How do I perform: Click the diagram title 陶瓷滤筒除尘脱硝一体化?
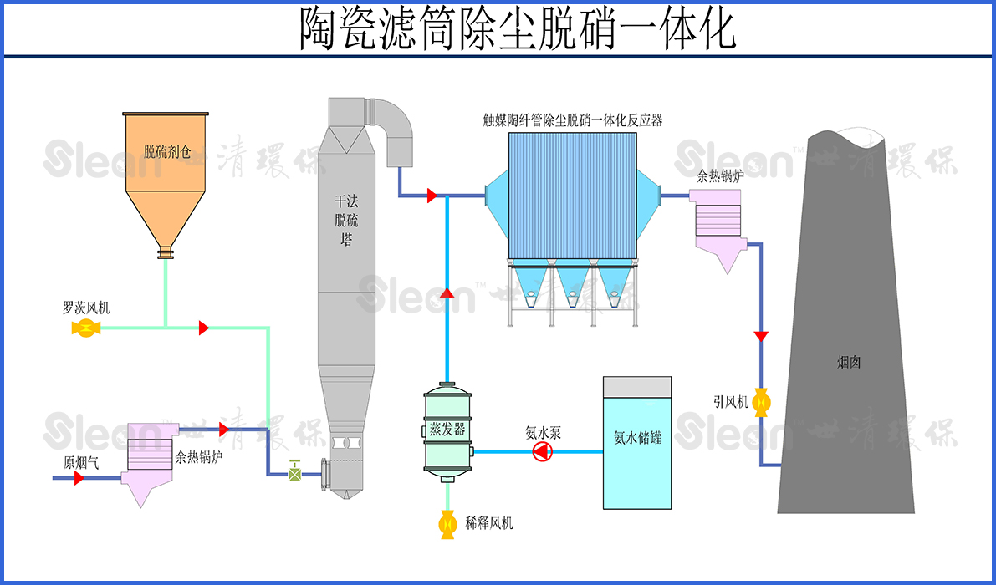[x=518, y=29]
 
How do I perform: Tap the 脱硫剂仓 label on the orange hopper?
[x=167, y=152]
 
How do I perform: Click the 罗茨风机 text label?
[x=85, y=308]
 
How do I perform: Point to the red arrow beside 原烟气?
[x=79, y=479]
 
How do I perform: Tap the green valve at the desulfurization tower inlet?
[x=294, y=472]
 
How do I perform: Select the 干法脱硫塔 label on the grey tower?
[x=344, y=221]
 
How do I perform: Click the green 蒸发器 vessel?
[x=447, y=430]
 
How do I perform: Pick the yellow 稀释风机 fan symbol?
[x=447, y=525]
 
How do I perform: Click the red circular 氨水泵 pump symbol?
[x=543, y=452]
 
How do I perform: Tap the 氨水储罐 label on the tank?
[x=637, y=436]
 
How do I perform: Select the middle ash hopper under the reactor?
[x=574, y=283]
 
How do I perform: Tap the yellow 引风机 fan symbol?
[x=761, y=403]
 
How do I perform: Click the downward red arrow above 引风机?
[x=761, y=337]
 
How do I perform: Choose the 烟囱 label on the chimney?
[x=849, y=363]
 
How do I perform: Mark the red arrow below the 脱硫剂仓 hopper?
[x=203, y=328]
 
